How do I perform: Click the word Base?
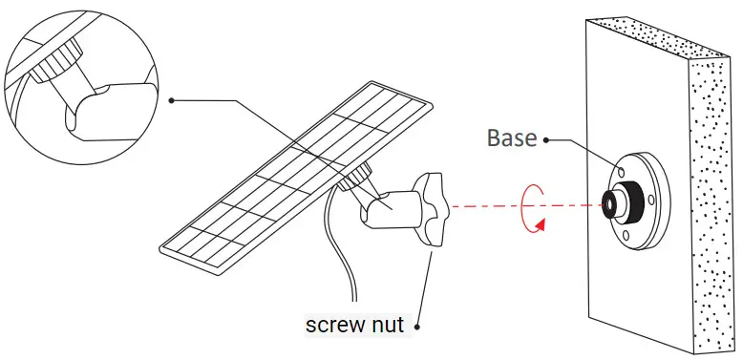[513, 138]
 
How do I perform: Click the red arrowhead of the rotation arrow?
[541, 224]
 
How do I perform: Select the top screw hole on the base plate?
[622, 168]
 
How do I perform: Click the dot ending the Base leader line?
[546, 139]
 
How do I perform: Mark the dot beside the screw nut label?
[418, 325]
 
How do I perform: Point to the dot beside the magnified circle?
[171, 99]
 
